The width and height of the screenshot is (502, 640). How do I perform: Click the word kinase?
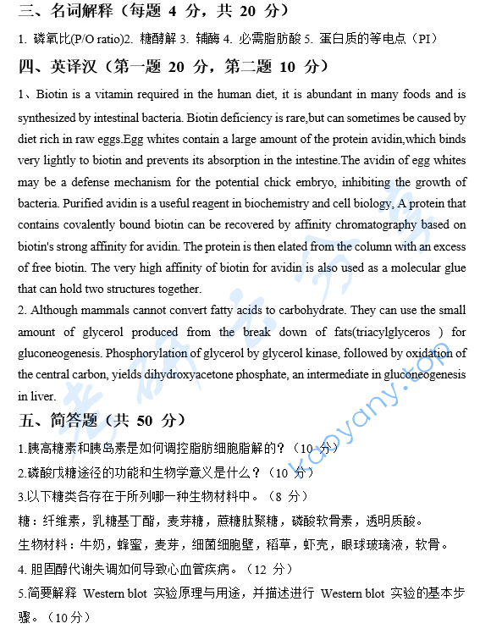(262, 353)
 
